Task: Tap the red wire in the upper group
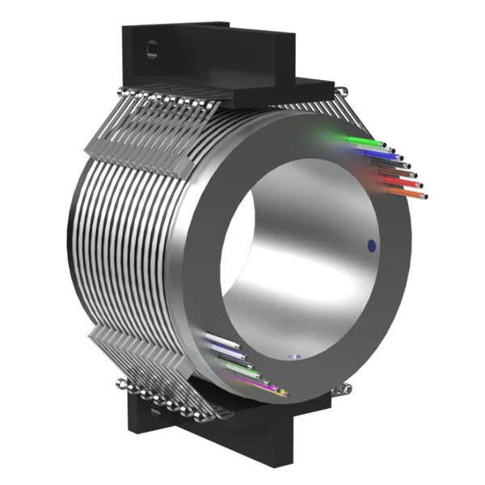click(397, 181)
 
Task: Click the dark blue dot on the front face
click(371, 243)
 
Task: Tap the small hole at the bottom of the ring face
click(294, 356)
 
